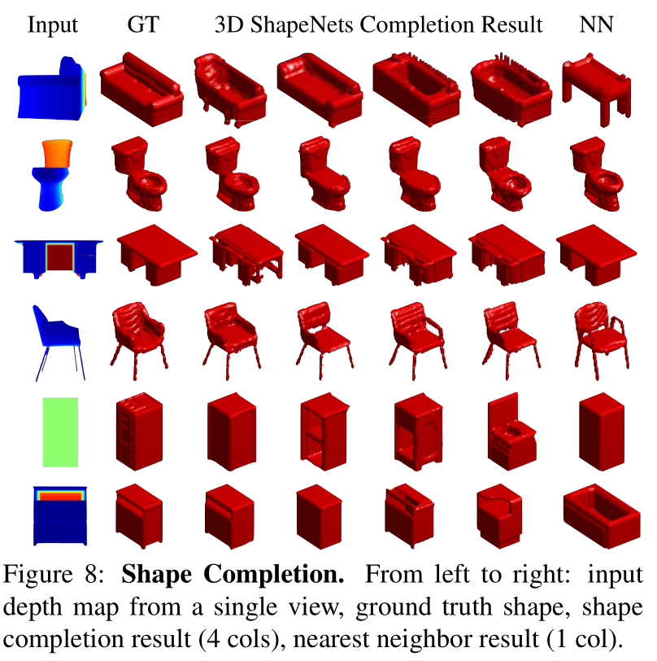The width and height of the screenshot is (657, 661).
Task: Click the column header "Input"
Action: tap(53, 25)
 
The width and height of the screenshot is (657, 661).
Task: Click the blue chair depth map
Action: tap(56, 338)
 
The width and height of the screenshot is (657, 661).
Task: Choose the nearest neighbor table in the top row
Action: tap(595, 85)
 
